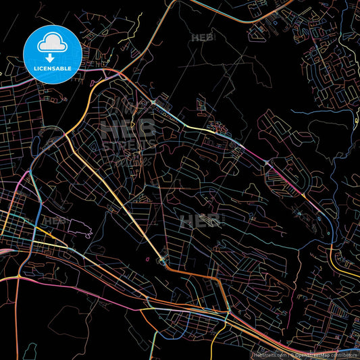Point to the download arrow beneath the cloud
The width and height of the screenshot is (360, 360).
(51, 58)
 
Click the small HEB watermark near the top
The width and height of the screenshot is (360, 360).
(202, 38)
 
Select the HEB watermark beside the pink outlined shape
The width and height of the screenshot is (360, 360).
(55, 220)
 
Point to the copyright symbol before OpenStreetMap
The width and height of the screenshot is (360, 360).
(291, 354)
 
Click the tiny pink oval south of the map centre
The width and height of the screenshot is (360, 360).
(147, 258)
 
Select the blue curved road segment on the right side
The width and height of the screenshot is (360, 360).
(322, 216)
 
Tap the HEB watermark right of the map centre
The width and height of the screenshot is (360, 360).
(201, 221)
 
